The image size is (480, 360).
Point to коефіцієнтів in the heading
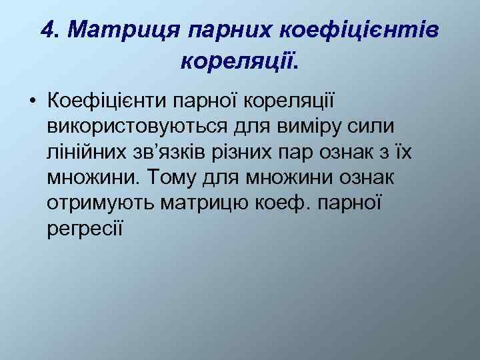359,29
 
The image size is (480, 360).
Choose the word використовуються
146,127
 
